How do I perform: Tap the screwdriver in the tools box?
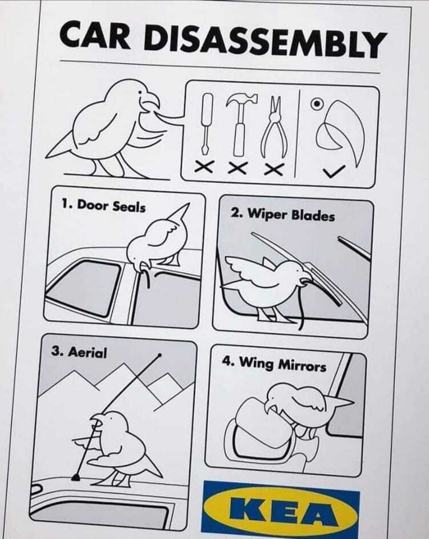[207, 124]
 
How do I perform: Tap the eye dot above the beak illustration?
[317, 103]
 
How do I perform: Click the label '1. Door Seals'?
[103, 205]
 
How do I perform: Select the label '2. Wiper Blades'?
[282, 214]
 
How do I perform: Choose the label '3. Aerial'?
[79, 352]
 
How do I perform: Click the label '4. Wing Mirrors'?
[274, 364]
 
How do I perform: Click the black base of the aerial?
[76, 477]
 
